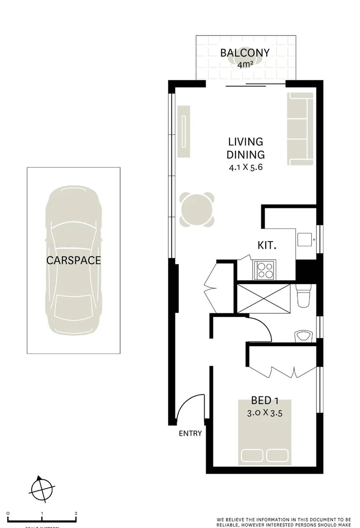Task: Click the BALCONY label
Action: (245, 53)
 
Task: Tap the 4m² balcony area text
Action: (245, 65)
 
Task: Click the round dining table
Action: (197, 210)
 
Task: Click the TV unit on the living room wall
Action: (184, 131)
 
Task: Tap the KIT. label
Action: (267, 245)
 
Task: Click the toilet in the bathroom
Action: (303, 296)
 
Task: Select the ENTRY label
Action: (190, 433)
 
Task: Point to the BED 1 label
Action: (265, 399)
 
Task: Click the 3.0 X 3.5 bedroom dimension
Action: (265, 412)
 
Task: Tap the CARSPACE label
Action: (74, 261)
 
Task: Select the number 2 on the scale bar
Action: (76, 513)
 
